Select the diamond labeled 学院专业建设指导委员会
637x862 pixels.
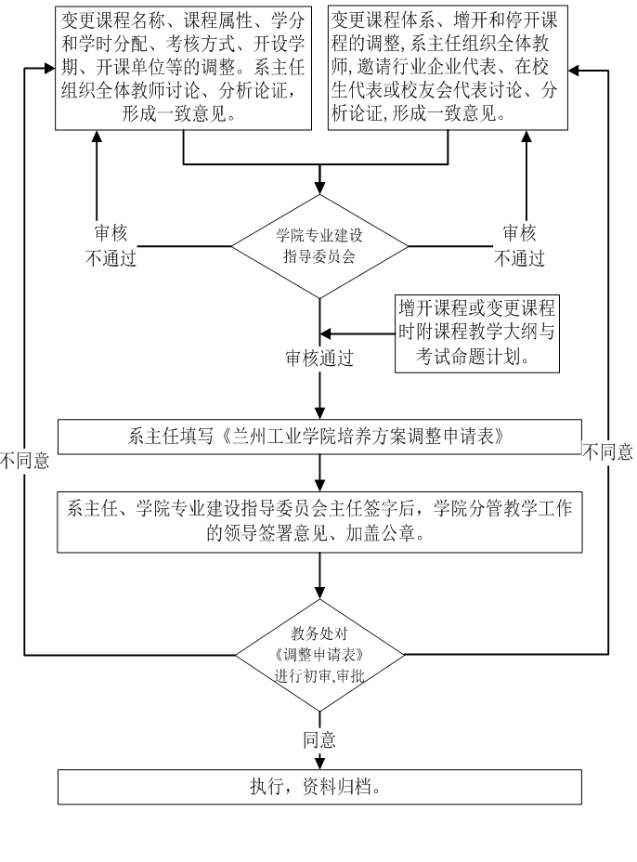[319, 246]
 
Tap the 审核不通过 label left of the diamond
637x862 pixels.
[110, 246]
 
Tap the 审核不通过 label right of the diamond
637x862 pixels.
[519, 246]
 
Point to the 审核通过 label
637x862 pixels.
[319, 359]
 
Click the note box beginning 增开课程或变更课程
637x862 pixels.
[477, 333]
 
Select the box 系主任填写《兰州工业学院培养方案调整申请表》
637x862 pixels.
[318, 437]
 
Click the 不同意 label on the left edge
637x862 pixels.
[25, 461]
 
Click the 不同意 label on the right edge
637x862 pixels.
[608, 453]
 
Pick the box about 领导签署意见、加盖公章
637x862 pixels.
[318, 521]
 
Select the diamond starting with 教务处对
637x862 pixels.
[319, 655]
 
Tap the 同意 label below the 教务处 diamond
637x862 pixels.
[319, 740]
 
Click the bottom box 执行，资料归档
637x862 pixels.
[318, 787]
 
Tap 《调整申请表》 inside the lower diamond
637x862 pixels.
[319, 655]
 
